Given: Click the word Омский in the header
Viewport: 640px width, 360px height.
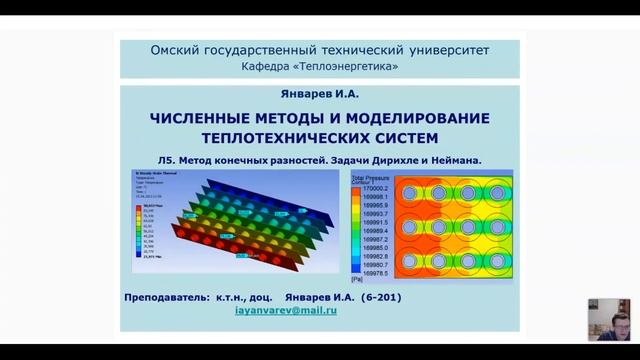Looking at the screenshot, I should (x=174, y=49).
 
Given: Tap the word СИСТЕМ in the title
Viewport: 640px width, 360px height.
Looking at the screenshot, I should (x=407, y=137).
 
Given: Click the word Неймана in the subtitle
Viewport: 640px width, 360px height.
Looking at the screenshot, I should (x=458, y=159).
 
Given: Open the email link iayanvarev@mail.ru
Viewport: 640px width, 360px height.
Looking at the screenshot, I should (x=285, y=311).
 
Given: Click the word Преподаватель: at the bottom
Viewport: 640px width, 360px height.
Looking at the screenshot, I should (x=165, y=297).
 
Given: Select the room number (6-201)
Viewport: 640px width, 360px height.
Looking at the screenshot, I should (x=386, y=297).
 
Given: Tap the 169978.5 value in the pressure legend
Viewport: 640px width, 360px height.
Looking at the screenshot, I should (x=376, y=272).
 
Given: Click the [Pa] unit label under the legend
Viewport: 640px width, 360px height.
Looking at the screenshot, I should (x=357, y=280).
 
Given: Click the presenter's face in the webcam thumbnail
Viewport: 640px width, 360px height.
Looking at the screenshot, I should (x=607, y=310).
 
